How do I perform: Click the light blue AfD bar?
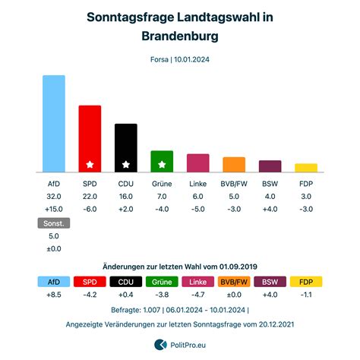(54, 124)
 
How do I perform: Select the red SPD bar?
(90, 139)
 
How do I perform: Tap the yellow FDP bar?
(306, 168)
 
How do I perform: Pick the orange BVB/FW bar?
(234, 165)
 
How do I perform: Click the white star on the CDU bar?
(126, 165)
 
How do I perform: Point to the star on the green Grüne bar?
(162, 165)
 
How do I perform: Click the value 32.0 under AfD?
(54, 197)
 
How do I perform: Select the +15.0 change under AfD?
(54, 209)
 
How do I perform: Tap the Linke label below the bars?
(198, 184)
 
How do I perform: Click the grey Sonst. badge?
(54, 223)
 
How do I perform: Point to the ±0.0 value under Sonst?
(54, 249)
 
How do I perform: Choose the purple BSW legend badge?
(270, 282)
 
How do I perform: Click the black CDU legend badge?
(126, 282)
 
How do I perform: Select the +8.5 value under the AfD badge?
(54, 295)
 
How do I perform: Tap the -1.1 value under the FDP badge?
(306, 295)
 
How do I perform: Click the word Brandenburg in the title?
(180, 36)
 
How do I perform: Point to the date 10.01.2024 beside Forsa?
(191, 59)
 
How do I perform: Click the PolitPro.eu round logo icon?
(160, 345)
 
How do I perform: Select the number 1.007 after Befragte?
(152, 310)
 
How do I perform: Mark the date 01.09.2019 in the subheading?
(238, 267)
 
